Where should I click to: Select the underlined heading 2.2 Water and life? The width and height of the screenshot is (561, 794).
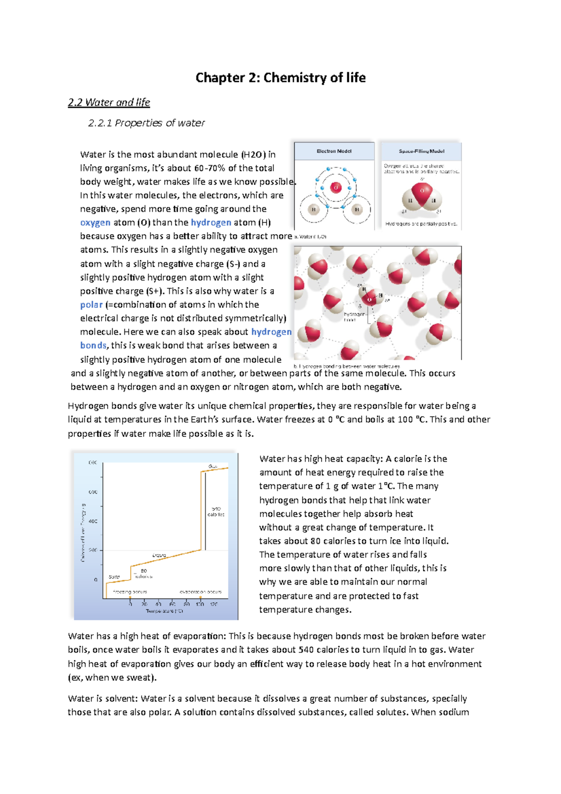(109, 102)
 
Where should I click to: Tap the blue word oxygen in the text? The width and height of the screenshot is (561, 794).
(95, 223)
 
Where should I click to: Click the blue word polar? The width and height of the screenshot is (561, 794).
(91, 304)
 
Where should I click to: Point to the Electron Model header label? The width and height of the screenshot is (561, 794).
(334, 151)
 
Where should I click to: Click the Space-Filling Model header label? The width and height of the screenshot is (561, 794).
(421, 151)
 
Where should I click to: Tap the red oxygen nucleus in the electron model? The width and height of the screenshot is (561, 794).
(336, 188)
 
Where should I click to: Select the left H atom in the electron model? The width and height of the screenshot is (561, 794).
(314, 209)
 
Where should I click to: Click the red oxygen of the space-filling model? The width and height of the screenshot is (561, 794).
(422, 191)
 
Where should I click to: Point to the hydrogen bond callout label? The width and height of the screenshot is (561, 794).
(354, 317)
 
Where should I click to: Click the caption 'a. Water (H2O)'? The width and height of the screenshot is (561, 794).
(310, 237)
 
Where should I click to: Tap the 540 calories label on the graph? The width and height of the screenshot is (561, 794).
(216, 511)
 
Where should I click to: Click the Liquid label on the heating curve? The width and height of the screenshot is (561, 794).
(159, 555)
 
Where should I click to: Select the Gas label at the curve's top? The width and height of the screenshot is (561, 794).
(213, 467)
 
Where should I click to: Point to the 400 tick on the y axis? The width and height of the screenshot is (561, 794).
(93, 521)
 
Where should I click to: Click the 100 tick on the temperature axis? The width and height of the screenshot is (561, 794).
(200, 604)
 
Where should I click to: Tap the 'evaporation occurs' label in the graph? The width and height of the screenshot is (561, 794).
(201, 592)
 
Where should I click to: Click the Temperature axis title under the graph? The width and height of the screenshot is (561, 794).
(164, 611)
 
